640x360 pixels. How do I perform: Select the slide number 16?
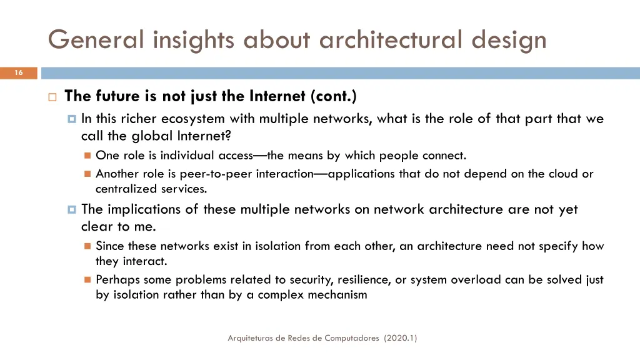click(x=19, y=73)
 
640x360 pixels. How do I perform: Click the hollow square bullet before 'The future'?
click(x=52, y=97)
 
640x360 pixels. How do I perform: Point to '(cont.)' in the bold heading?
click(x=334, y=96)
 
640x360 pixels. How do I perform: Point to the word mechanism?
click(x=337, y=295)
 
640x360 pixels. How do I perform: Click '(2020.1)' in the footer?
click(x=401, y=338)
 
